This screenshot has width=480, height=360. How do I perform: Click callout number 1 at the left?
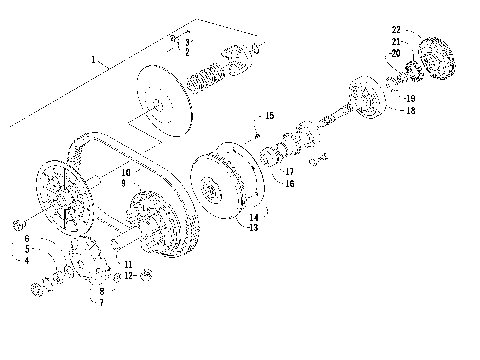click(95, 61)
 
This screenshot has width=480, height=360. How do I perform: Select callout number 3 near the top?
click(186, 42)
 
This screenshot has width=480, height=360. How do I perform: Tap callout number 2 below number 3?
click(186, 52)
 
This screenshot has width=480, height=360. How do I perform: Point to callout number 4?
click(27, 260)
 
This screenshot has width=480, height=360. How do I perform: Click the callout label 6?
click(27, 240)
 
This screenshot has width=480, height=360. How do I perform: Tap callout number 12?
click(129, 274)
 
